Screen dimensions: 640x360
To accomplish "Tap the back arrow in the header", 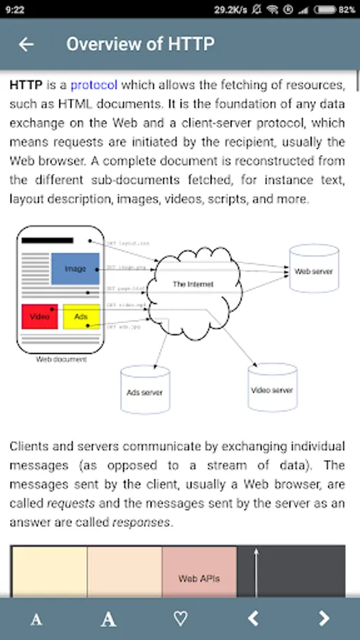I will [26, 44].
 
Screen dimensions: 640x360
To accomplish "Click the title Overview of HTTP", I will [140, 44].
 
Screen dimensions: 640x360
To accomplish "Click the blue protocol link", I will [94, 85].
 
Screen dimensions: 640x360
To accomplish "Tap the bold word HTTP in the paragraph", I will [26, 85].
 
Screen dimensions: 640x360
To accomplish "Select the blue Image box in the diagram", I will [75, 269].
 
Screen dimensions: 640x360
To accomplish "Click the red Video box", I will [40, 316].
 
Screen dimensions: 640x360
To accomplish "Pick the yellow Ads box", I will [81, 316].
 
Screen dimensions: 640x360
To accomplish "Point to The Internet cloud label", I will [193, 284].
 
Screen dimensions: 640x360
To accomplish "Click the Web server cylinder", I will [314, 271].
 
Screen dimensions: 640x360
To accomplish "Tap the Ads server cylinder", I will [144, 392].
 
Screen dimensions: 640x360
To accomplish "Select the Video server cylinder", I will [272, 390].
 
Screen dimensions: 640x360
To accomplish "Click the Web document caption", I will [61, 360].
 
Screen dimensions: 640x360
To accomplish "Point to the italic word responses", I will [142, 521].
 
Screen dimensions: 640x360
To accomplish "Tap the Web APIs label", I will [199, 578].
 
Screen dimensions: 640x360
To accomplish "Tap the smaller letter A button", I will [36, 619].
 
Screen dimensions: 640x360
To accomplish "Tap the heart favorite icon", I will [181, 619].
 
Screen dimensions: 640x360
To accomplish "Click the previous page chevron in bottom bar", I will [253, 619].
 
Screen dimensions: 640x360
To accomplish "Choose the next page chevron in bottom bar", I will [324, 619].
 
